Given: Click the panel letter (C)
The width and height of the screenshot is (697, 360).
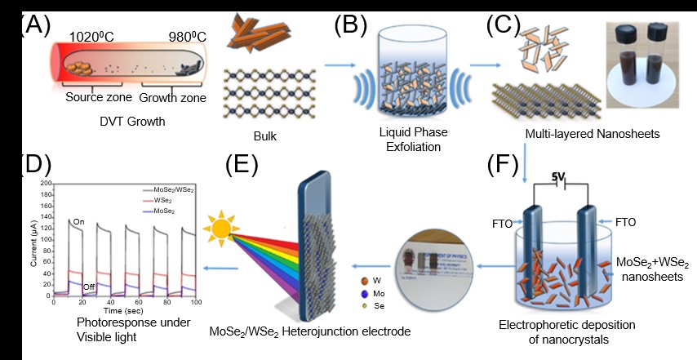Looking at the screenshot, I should pos(503,24).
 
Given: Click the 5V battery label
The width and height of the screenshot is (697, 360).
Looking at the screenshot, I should pos(557,175).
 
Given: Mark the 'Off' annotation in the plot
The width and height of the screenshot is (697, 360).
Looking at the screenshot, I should pos(90,287).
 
